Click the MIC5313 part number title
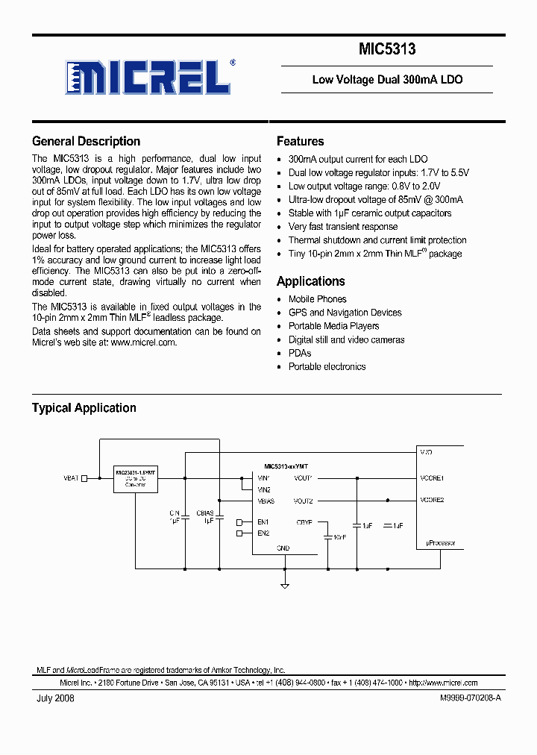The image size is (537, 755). pos(387,49)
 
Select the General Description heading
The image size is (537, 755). pos(86,141)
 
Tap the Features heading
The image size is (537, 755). pos(300,141)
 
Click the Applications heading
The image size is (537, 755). pos(310,281)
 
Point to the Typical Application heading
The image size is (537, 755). pos(84,408)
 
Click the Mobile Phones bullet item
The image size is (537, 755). pos(317,299)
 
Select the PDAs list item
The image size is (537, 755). pos(300,353)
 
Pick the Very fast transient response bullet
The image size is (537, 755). pos(343,227)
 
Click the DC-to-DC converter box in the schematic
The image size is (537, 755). pos(136,478)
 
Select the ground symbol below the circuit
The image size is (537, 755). pos(285,576)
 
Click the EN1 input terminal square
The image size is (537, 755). pos(239,521)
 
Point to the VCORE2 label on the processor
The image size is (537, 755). pos(432,500)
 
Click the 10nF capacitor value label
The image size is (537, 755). pos(339,536)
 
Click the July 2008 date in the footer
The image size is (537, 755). pos(55,698)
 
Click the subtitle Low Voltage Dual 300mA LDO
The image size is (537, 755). pos(387,79)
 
